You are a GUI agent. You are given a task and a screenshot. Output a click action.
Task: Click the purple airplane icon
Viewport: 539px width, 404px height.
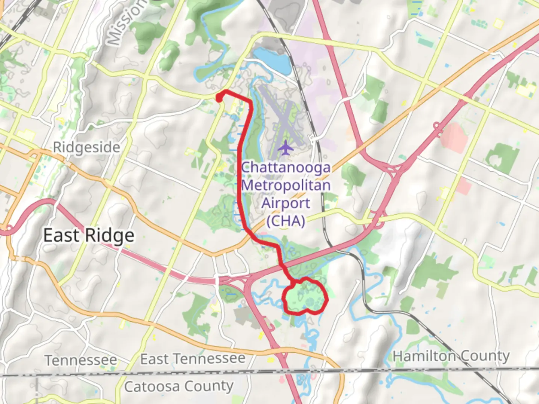point(286,147)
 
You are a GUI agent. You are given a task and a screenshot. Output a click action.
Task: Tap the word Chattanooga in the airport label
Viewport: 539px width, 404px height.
point(286,167)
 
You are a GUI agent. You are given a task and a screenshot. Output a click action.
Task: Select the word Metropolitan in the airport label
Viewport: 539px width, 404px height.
point(286,185)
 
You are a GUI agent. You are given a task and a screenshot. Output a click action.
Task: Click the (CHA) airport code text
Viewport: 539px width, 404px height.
point(286,221)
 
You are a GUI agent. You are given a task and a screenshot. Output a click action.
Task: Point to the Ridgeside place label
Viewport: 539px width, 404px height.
point(86,147)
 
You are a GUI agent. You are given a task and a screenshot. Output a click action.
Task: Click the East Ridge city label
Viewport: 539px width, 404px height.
point(89,236)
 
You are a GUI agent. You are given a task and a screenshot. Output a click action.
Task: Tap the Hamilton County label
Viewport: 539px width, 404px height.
point(451,356)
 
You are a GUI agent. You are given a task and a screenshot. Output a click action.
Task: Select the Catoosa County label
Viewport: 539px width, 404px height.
point(179,386)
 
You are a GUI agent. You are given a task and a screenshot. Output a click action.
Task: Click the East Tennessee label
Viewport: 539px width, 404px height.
point(193,359)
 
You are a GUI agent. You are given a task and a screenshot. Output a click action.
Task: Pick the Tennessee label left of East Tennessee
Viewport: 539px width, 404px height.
point(81,360)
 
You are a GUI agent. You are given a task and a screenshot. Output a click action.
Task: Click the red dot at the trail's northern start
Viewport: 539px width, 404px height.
point(219,98)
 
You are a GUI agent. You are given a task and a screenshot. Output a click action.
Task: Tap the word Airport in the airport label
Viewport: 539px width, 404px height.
point(286,203)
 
